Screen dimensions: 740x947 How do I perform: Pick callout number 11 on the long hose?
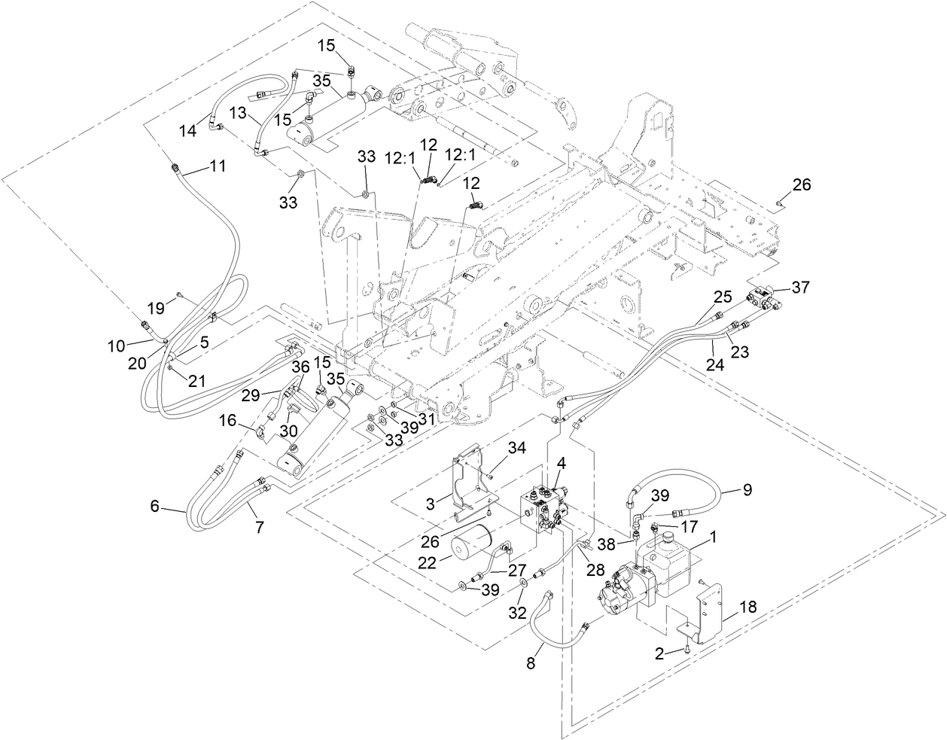217,166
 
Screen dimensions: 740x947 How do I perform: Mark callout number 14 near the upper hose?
187,130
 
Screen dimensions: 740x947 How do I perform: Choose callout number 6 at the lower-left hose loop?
154,506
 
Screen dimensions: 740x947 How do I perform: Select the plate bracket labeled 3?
470,482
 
